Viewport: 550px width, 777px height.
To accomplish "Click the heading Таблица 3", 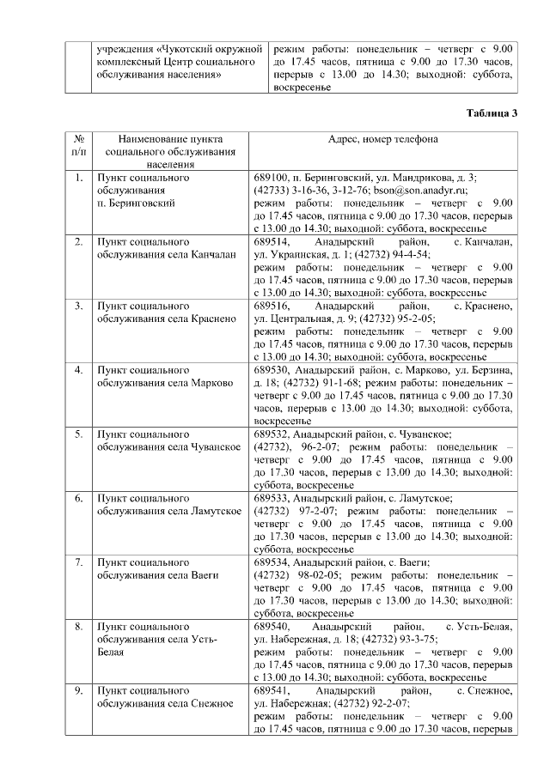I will [492, 114].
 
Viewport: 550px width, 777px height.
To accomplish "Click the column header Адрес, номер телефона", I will [382, 139].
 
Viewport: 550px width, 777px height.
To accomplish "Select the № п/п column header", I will [78, 145].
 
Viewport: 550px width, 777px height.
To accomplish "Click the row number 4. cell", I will [78, 370].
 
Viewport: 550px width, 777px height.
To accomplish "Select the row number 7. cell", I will [78, 563].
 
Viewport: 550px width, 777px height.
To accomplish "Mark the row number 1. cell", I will [78, 178].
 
